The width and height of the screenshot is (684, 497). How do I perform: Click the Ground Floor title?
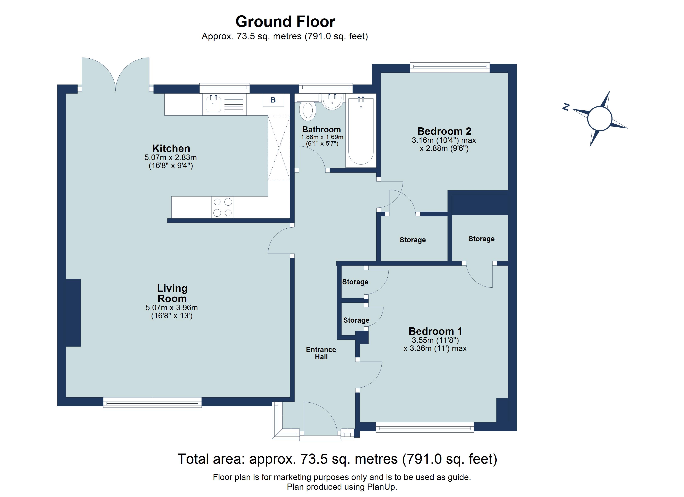coord(285,22)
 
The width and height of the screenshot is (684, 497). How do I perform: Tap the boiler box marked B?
coord(273,100)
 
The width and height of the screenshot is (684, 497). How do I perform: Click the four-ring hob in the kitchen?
coord(223,207)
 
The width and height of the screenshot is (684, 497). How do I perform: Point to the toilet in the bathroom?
coord(308,110)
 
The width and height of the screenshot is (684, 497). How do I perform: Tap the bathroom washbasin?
coord(332,101)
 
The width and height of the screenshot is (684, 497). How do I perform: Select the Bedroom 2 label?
coord(444,131)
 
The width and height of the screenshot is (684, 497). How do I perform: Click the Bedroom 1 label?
coord(435,331)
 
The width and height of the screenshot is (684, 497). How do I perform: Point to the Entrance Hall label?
coord(321,353)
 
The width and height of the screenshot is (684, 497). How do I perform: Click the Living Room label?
coord(172,293)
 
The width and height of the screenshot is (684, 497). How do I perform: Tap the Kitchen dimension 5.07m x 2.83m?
coord(171,157)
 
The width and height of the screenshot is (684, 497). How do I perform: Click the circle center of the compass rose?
coord(600,118)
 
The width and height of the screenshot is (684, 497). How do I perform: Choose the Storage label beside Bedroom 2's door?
coord(412,240)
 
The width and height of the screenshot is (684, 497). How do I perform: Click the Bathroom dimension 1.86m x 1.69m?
coord(322,137)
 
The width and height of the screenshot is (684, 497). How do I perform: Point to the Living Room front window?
coord(152,402)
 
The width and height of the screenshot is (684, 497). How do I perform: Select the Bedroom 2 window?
coord(449,68)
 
